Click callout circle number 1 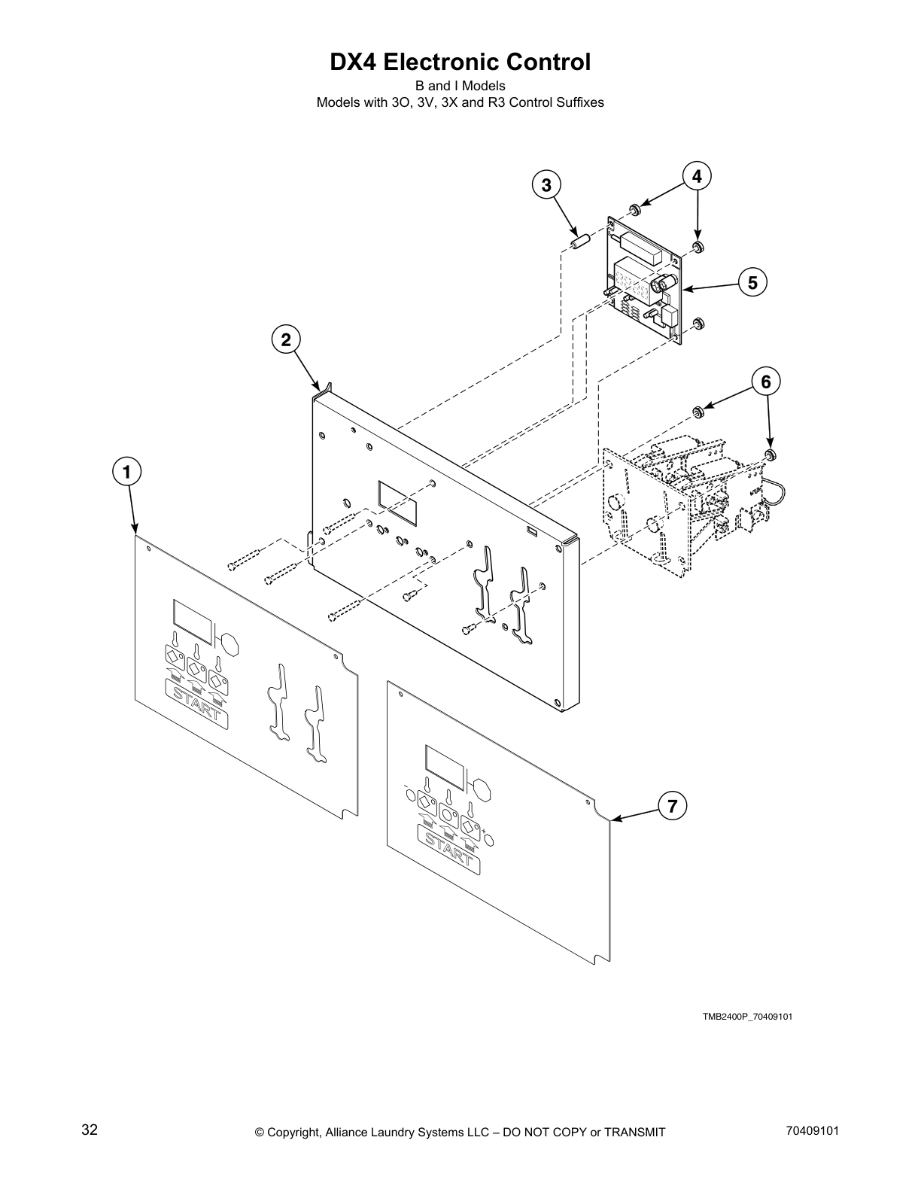click(x=127, y=473)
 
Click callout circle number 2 click(x=286, y=339)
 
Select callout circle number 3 click(x=546, y=184)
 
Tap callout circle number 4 click(x=698, y=176)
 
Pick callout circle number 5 click(x=752, y=282)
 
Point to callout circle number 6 click(x=765, y=382)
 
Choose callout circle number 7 click(x=672, y=807)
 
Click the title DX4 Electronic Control click(x=460, y=62)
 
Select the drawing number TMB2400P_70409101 click(x=747, y=1017)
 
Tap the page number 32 click(x=89, y=1130)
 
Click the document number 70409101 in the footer click(x=811, y=1130)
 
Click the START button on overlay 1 click(x=197, y=704)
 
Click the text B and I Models click(x=460, y=86)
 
